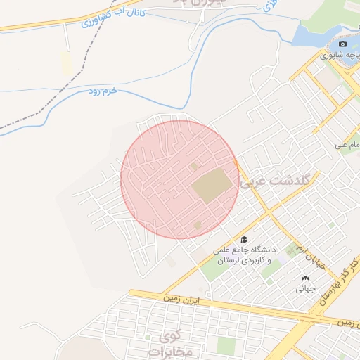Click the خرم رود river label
pos(101,91)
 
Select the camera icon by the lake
pos(343,44)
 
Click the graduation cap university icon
pos(244,239)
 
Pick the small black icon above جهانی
pos(305,278)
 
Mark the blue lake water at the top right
pos(309,32)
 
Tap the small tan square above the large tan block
pos(194,166)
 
